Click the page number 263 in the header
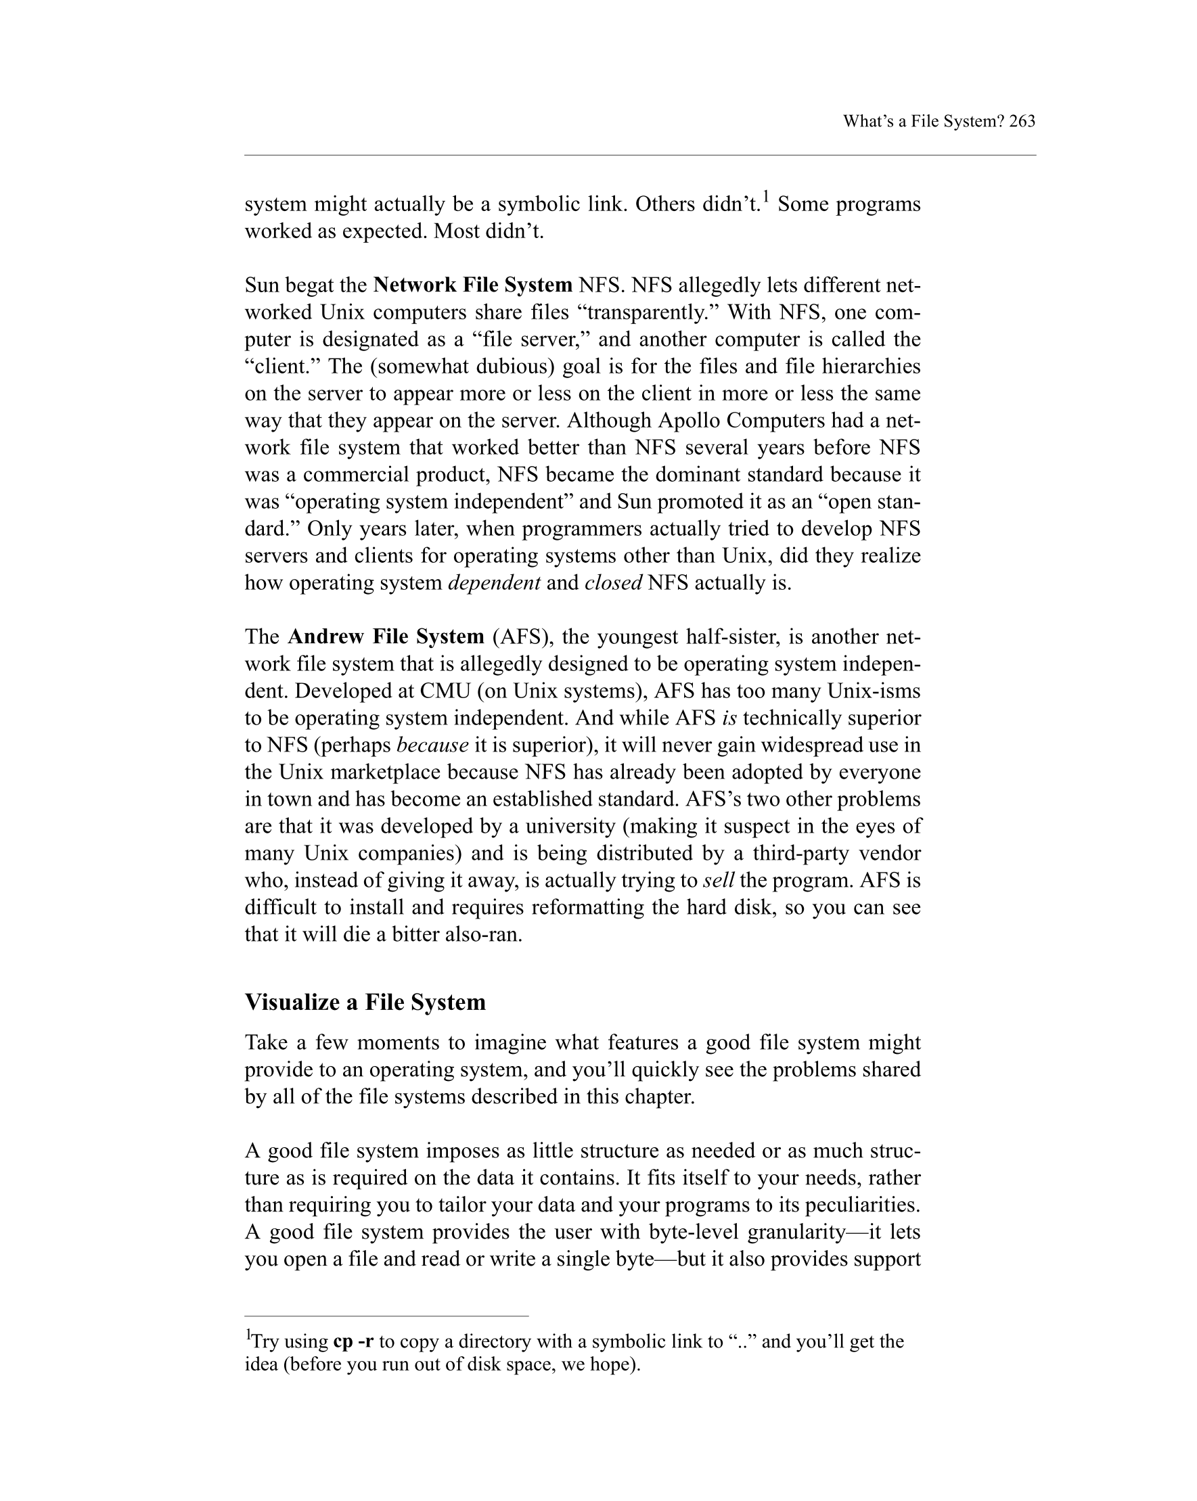(x=1022, y=121)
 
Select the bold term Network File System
(x=472, y=285)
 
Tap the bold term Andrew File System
(x=386, y=637)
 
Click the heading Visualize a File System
(x=365, y=1002)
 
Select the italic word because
(x=432, y=745)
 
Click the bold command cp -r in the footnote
(x=353, y=1341)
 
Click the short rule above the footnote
(x=386, y=1316)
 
